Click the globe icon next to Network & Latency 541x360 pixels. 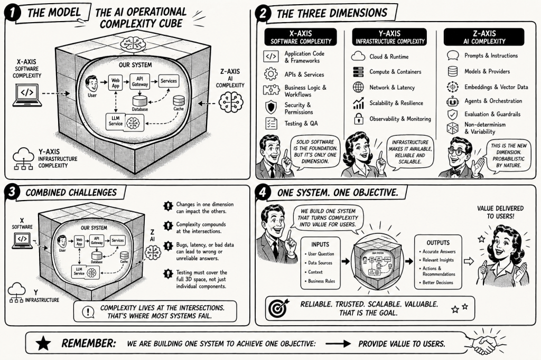click(x=359, y=88)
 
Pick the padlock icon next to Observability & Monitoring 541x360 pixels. click(x=359, y=119)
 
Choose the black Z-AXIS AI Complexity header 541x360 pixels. click(x=484, y=36)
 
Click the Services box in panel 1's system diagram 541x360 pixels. click(x=169, y=81)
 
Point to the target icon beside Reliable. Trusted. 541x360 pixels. click(x=278, y=308)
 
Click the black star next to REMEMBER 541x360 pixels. click(x=43, y=344)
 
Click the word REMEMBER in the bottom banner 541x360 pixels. click(x=88, y=344)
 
